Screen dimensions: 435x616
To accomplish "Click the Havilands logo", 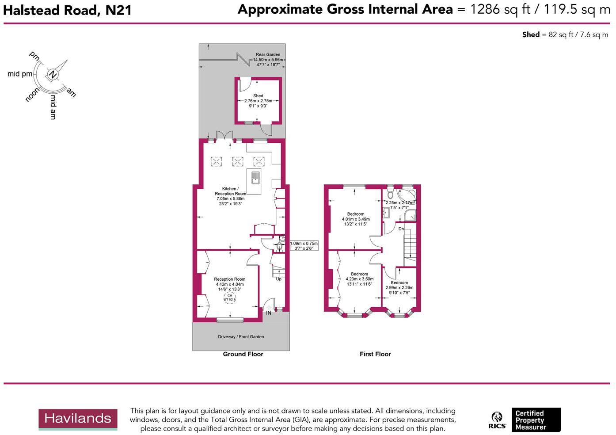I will coord(78,419).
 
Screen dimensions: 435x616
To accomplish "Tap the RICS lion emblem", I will coord(497,420).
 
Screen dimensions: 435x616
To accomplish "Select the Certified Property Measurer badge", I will coord(536,420).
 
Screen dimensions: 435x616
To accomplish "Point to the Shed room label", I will coord(258,96).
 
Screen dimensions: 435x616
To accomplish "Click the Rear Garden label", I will coord(268,55).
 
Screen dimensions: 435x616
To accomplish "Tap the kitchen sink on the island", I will coord(255,178).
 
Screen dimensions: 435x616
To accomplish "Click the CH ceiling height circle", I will coord(230,298).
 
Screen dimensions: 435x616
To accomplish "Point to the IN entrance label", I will coord(269,313).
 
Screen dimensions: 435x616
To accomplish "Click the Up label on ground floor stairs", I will coord(278,279).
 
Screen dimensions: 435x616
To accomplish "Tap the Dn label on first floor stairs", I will coord(401,229).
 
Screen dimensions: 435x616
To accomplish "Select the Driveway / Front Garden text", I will coord(241,337).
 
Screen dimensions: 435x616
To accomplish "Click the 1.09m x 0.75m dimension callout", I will coord(304,246).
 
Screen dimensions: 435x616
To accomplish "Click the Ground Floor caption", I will coord(243,354).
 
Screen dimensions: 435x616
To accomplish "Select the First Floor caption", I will coord(375,354).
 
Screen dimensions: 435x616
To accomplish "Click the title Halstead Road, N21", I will coord(67,10).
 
